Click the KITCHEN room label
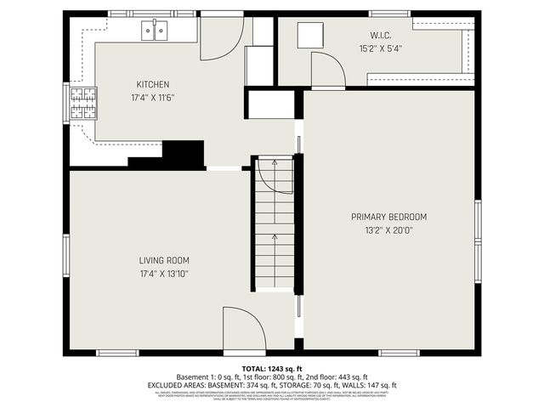(x=153, y=84)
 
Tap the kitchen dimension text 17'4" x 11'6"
(x=153, y=98)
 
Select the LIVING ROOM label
(x=164, y=260)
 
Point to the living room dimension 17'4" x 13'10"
(x=164, y=274)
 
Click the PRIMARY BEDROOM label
(x=388, y=217)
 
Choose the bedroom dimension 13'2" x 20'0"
(x=388, y=230)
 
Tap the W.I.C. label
(x=380, y=35)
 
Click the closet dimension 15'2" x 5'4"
(x=380, y=48)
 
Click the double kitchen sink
(x=155, y=31)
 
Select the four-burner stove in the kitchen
(x=82, y=104)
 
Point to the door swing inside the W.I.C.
(x=327, y=70)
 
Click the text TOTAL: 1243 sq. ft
(x=272, y=367)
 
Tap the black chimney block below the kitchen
(x=183, y=154)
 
